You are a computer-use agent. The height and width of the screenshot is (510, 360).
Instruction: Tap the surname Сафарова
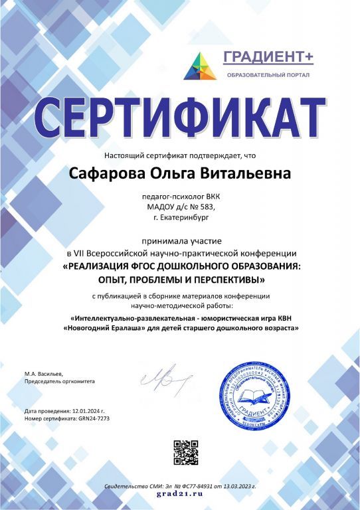pos(104,175)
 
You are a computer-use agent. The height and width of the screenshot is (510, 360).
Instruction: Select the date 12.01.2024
pos(86,412)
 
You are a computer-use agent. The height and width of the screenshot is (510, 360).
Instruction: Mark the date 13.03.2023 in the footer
pos(234,487)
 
